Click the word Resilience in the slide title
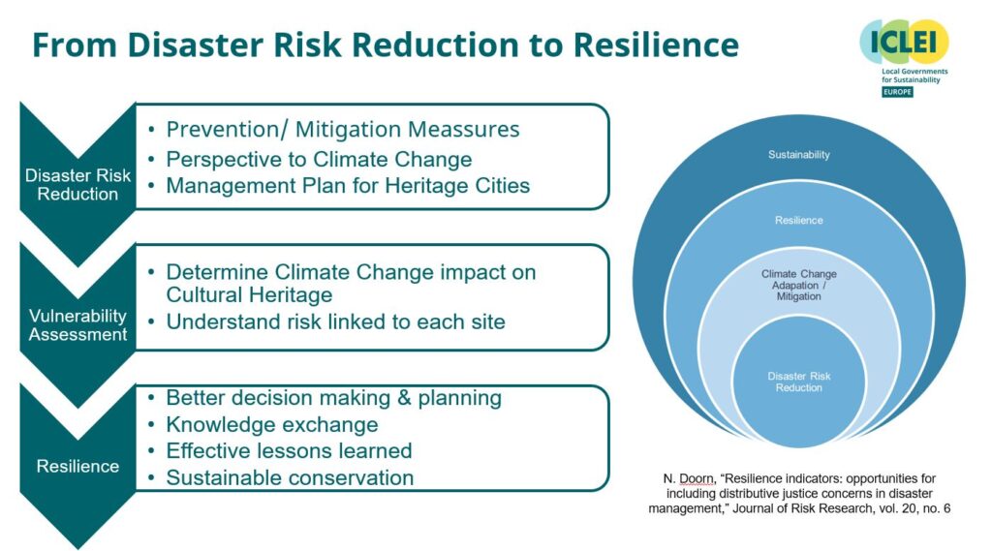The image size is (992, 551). coord(655,45)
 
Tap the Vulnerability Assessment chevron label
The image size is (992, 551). coord(77,325)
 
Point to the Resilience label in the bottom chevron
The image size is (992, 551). coord(77,466)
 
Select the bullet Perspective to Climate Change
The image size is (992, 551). coord(319,158)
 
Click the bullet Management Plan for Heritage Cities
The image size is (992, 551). coord(348,186)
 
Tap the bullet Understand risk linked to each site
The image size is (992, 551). coord(335,321)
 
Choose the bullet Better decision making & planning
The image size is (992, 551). coord(333,398)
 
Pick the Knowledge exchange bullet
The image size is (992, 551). coord(271,425)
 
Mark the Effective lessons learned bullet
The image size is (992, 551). coord(289,451)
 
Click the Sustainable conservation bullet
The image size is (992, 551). coord(290,477)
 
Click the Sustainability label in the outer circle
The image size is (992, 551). coord(798,155)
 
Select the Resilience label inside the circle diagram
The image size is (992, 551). coord(798,220)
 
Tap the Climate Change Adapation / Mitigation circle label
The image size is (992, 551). coord(798,285)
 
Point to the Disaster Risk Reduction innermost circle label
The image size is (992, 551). coord(798,382)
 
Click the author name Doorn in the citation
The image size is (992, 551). coord(690,479)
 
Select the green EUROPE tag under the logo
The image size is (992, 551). coord(896,92)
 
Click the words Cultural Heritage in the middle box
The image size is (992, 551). coord(249,295)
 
